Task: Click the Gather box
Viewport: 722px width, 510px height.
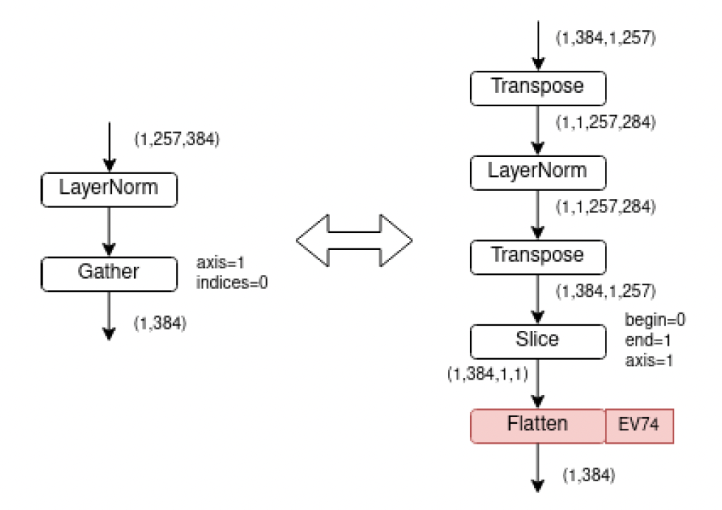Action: pyautogui.click(x=109, y=273)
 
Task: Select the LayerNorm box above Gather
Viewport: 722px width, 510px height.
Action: pyautogui.click(x=109, y=189)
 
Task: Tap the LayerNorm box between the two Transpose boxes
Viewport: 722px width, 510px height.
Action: pyautogui.click(x=538, y=172)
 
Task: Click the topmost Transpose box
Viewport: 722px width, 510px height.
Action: pyautogui.click(x=538, y=87)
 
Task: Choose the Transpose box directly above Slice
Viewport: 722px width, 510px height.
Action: pyautogui.click(x=538, y=256)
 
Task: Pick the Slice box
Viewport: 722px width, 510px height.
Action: pyautogui.click(x=538, y=340)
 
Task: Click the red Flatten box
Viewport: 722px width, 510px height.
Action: pyautogui.click(x=538, y=426)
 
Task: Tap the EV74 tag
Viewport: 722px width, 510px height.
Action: pyautogui.click(x=639, y=426)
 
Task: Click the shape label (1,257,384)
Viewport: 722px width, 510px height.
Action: pyautogui.click(x=177, y=139)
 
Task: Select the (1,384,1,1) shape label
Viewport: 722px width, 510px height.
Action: pyautogui.click(x=488, y=374)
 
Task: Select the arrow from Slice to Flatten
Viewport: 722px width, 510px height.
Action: pyautogui.click(x=538, y=383)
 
